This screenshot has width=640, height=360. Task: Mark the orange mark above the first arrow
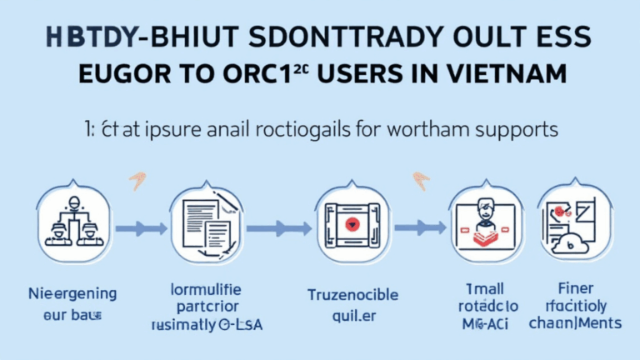136,177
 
